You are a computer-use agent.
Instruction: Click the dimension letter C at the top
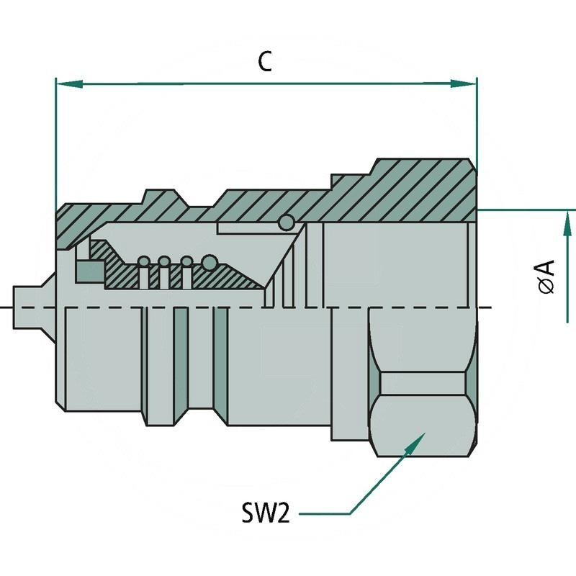[266, 63]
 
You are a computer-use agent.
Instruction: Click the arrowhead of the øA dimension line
[568, 219]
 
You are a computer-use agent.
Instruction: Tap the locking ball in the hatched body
[286, 223]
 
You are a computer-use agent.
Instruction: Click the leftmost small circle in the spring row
[144, 261]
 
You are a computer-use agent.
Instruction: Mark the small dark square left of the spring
[89, 271]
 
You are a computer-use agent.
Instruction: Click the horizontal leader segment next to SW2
[324, 514]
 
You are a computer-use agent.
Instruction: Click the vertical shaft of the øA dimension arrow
[568, 281]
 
